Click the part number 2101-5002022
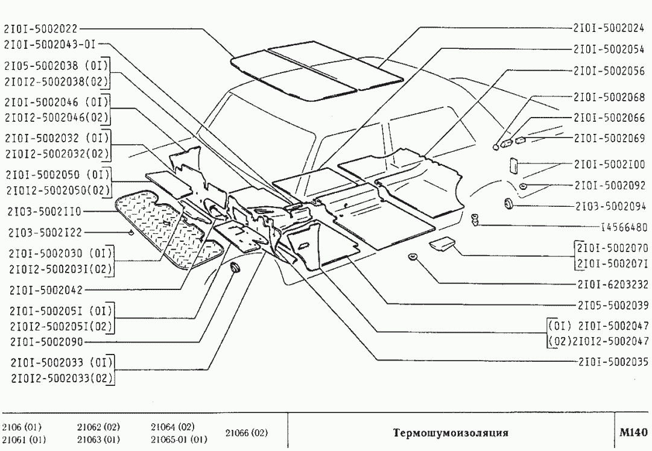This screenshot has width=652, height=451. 41,28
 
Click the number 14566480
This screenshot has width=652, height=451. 624,227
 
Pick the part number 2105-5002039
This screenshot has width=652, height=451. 609,304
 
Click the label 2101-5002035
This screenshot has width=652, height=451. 609,362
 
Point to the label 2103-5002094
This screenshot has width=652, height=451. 609,206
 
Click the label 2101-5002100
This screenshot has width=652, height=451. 609,163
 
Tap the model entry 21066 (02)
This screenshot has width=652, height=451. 246,433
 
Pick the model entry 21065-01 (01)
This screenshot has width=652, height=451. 179,438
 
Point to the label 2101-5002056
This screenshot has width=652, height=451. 609,71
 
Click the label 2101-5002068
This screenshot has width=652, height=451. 609,97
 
